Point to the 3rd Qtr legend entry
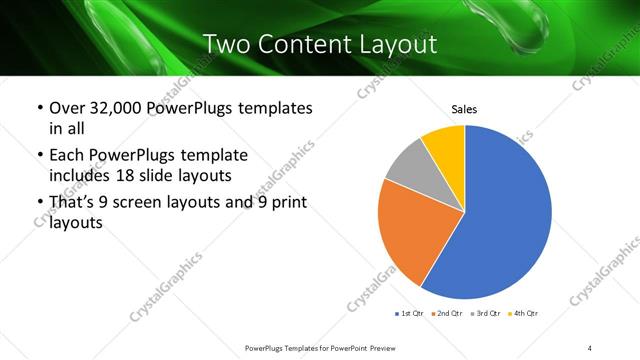click(485, 314)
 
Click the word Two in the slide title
click(226, 44)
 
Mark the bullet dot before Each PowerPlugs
click(39, 156)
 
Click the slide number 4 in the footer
click(590, 347)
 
